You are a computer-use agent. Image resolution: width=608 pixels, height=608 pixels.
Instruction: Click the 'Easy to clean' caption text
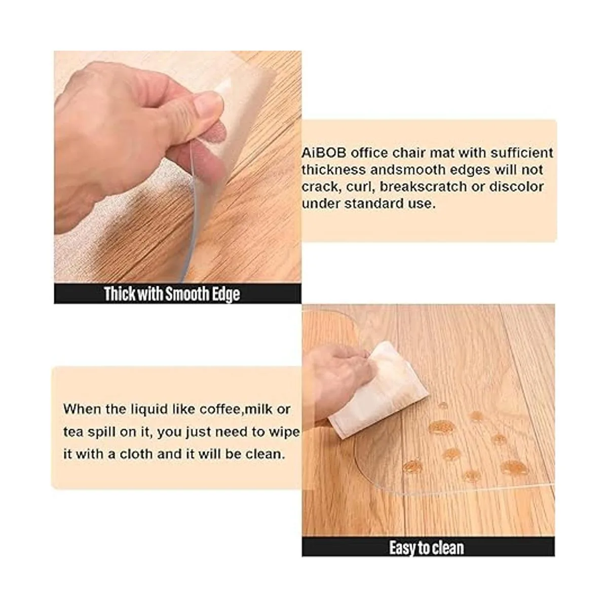(x=426, y=548)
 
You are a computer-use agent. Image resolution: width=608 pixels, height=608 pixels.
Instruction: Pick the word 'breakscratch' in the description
(x=423, y=187)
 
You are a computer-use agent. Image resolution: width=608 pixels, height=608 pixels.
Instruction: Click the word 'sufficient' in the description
(x=521, y=154)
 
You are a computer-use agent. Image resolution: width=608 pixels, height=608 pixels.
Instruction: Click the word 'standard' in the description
(x=374, y=204)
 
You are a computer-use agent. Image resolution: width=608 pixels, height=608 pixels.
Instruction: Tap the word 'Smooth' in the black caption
(x=187, y=294)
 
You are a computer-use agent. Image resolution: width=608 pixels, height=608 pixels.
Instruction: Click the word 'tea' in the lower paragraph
(x=73, y=433)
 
